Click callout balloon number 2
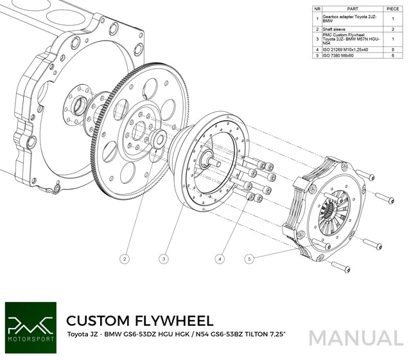click(125, 258)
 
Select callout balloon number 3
click(164, 258)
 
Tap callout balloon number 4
click(220, 258)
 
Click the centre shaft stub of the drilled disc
click(211, 162)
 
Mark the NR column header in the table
click(318, 9)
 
